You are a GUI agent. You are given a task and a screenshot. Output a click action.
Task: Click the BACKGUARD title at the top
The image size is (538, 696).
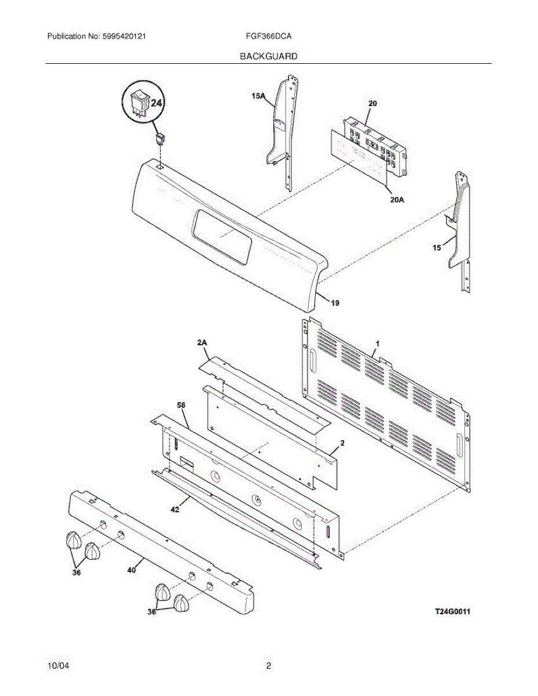pos(269,56)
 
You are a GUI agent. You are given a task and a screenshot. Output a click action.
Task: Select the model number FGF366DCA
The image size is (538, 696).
pos(269,36)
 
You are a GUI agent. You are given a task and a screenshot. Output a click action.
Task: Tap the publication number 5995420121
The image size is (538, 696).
pos(124,36)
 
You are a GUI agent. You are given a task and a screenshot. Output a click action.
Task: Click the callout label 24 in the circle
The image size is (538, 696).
pos(156,103)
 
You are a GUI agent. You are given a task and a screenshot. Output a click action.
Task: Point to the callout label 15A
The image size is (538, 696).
pos(259,97)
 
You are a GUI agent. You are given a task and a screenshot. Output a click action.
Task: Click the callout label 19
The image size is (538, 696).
pos(335,303)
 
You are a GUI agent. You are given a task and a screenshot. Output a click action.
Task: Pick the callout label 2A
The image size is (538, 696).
pos(202,344)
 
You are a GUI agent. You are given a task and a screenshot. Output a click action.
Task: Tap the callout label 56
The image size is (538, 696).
pos(181,405)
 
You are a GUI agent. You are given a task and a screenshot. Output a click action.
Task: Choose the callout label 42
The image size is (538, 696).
pos(175,509)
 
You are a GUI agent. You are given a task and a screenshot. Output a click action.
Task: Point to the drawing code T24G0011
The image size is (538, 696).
pos(452,611)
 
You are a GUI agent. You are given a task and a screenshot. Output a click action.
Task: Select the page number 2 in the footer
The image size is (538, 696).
pos(269,666)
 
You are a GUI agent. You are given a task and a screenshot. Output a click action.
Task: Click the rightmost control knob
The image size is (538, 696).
pos(182,603)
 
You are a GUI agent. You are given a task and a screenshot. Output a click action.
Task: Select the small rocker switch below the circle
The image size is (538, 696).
pos(159,138)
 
